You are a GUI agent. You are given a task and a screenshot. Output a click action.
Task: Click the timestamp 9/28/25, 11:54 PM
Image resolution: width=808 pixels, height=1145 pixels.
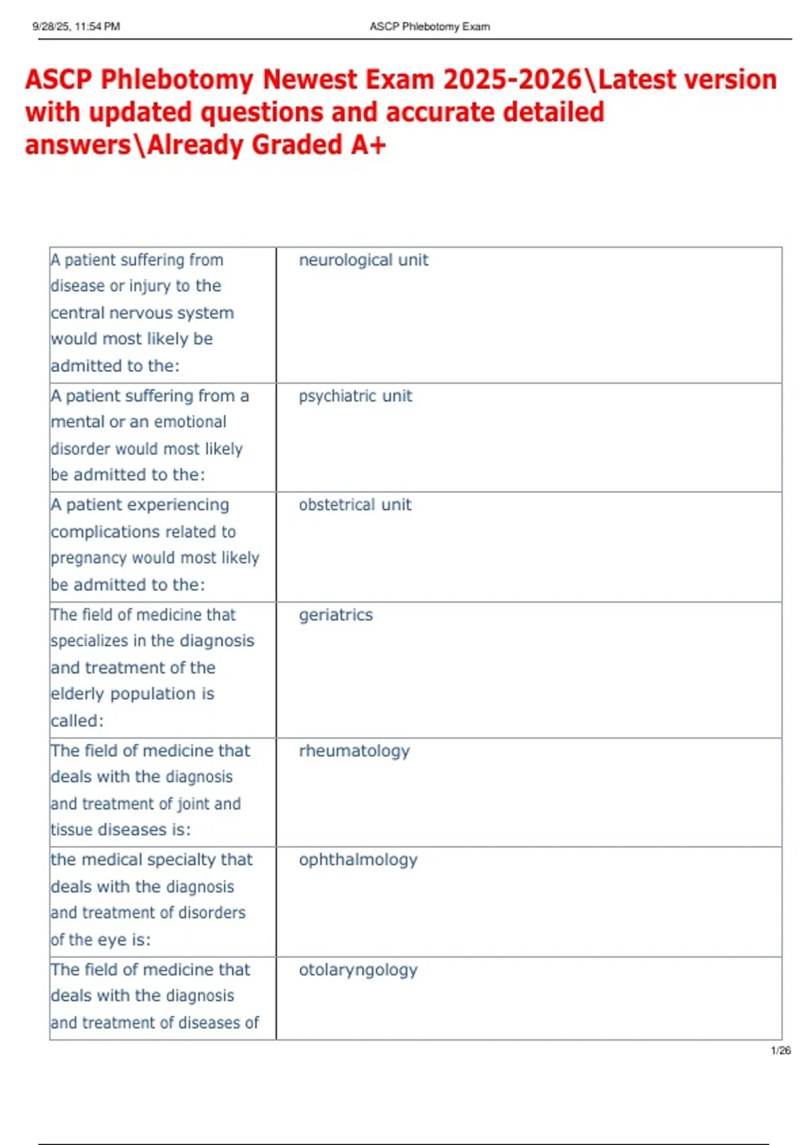click(x=76, y=27)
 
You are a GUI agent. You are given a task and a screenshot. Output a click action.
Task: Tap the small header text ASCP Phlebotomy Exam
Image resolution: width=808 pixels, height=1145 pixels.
click(x=430, y=27)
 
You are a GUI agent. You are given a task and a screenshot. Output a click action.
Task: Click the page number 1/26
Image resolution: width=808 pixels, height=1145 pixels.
click(x=780, y=1050)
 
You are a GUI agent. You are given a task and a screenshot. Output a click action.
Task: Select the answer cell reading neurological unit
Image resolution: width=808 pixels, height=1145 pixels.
click(x=363, y=260)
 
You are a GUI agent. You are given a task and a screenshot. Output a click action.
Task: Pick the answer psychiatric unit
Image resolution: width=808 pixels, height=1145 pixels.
click(x=355, y=396)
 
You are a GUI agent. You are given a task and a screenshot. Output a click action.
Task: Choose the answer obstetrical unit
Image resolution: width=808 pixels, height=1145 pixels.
click(x=355, y=505)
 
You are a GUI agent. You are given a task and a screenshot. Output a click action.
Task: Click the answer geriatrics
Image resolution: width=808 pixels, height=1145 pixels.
click(x=335, y=615)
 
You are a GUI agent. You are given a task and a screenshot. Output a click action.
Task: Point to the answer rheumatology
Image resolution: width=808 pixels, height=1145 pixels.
click(x=354, y=751)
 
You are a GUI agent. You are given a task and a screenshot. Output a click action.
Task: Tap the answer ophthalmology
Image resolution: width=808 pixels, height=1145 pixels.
click(x=358, y=860)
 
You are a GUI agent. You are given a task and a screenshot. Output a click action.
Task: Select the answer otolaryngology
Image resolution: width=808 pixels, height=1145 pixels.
click(x=358, y=970)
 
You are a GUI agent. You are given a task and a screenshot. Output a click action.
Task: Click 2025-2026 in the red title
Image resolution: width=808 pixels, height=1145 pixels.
click(x=512, y=79)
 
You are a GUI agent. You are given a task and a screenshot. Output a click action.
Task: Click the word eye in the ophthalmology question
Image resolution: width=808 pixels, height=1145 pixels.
click(x=112, y=940)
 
